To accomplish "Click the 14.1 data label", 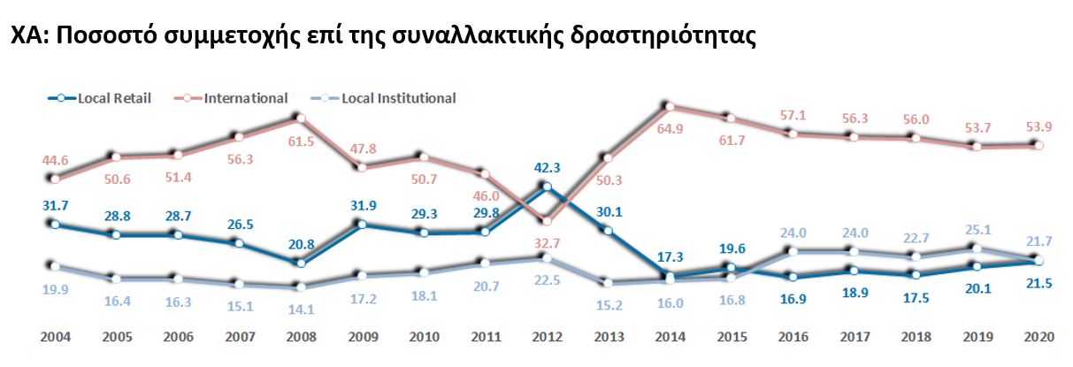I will [300, 310].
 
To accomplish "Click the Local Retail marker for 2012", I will [547, 187].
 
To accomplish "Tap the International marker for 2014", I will [670, 107].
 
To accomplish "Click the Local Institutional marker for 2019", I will [977, 249].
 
